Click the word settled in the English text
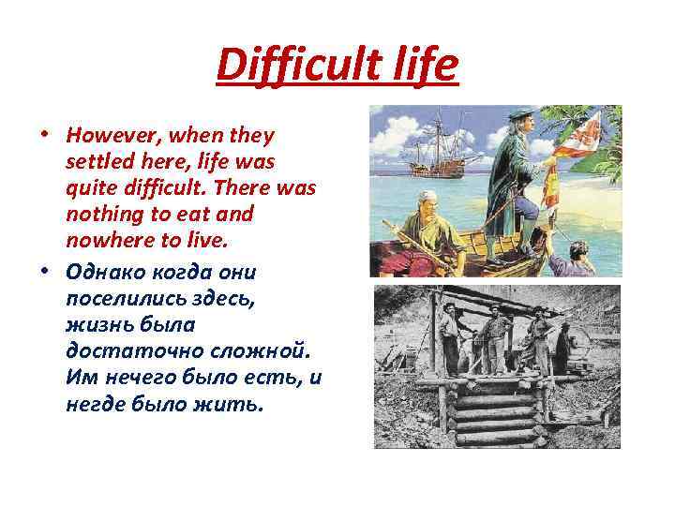pyautogui.click(x=98, y=162)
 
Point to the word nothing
pyautogui.click(x=103, y=215)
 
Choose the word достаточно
pyautogui.click(x=122, y=352)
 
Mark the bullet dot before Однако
pyautogui.click(x=44, y=273)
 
